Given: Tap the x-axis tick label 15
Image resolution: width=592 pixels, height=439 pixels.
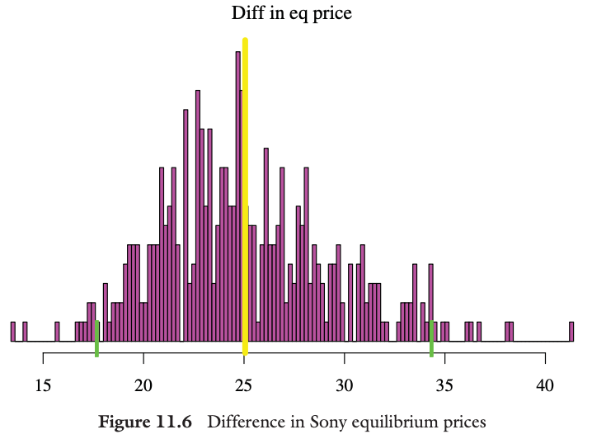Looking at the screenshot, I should (x=43, y=385).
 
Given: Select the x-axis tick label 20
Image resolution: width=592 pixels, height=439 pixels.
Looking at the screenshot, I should (x=143, y=385).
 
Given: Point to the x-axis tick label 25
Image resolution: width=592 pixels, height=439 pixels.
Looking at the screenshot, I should (x=244, y=385).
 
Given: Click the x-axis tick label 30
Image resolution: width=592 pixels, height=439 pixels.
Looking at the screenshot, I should (x=345, y=385).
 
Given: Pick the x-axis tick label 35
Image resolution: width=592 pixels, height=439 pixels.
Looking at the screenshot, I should (x=444, y=385).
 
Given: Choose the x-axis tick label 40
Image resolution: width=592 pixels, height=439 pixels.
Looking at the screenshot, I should (x=545, y=385).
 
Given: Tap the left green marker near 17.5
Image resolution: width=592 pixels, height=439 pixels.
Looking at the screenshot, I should (x=97, y=338).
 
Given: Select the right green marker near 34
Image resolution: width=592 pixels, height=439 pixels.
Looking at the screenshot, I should (x=431, y=338).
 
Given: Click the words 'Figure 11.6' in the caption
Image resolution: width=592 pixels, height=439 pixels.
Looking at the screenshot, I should (x=145, y=422).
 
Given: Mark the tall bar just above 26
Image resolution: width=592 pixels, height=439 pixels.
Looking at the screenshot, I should (x=265, y=244).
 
